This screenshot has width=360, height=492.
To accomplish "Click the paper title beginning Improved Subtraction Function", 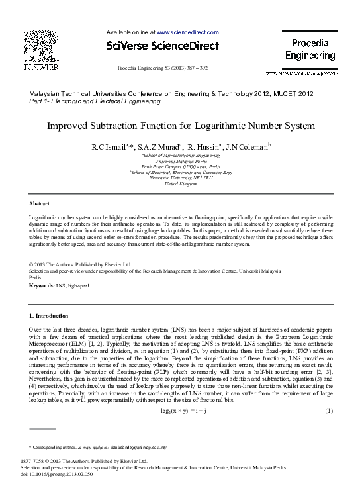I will [179, 125].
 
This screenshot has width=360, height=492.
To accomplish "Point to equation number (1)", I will [328, 411].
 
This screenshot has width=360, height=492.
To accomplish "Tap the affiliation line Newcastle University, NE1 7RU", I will [181, 177].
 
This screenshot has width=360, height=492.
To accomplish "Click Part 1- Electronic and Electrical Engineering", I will [95, 101].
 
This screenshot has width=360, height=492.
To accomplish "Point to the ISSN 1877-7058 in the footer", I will [38, 460].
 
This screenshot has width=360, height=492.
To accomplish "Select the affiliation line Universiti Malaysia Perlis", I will [180, 161].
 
